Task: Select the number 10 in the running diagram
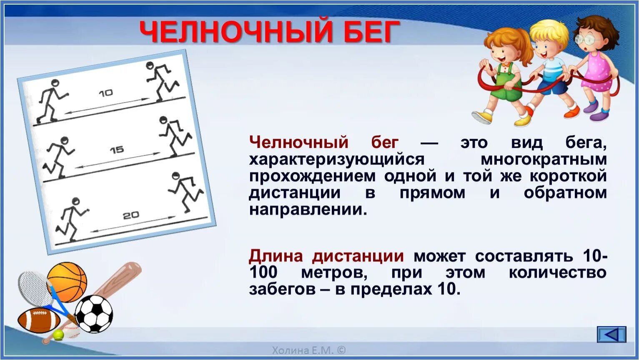106,93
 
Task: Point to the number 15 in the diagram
117,150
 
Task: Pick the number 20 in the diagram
131,215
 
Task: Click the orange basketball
68,282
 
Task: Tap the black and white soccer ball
94,314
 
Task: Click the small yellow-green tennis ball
58,335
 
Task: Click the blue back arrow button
611,334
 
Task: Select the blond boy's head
548,38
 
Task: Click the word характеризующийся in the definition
337,160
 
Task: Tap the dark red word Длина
276,256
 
